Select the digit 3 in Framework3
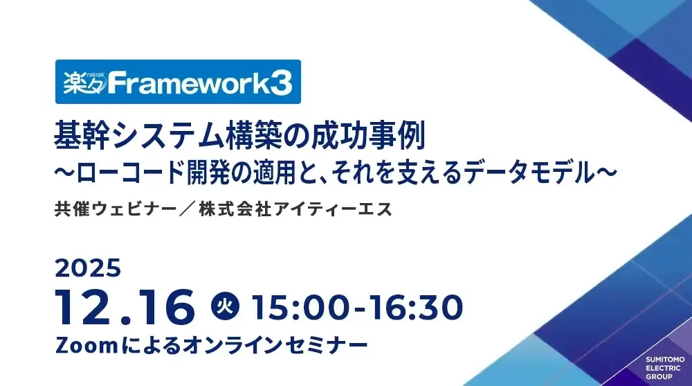(x=280, y=83)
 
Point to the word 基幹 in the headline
(x=78, y=134)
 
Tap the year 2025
(x=89, y=267)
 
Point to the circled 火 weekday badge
(x=224, y=306)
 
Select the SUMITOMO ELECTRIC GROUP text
(x=664, y=368)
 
